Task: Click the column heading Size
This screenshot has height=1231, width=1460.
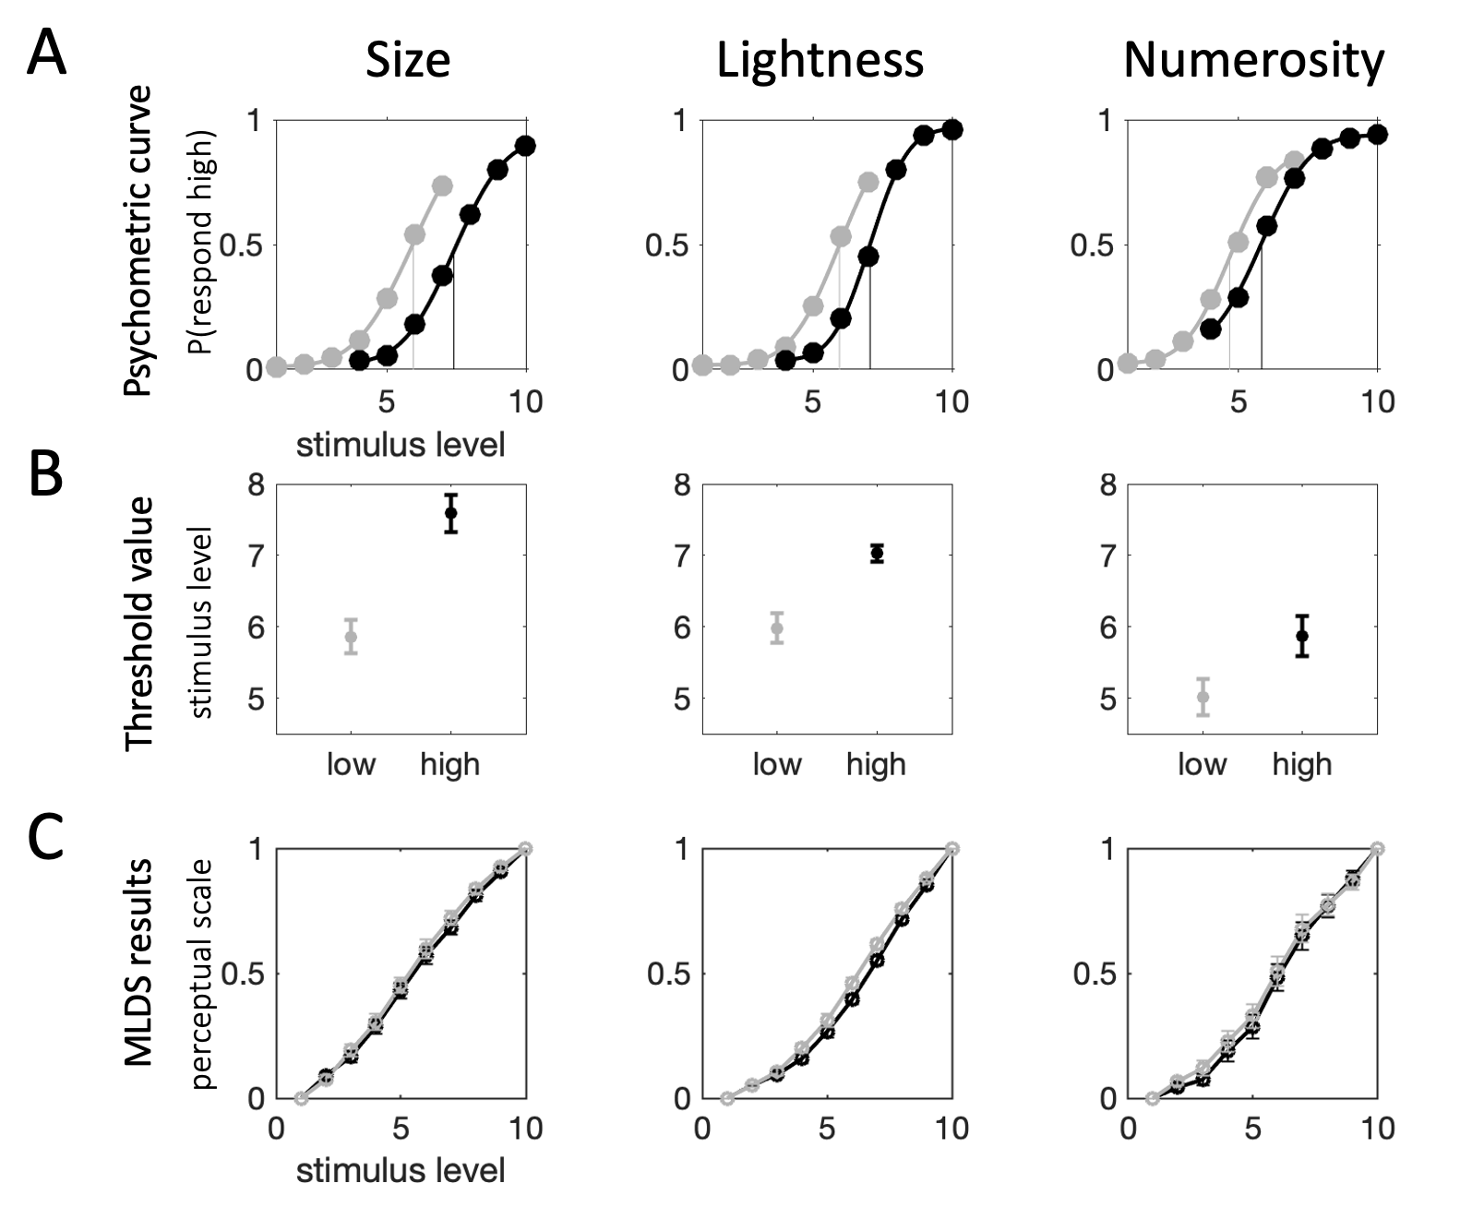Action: point(408,61)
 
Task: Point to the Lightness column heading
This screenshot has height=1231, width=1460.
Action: point(820,61)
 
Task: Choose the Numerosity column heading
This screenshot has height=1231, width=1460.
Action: point(1253,61)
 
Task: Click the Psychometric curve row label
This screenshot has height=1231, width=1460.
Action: point(138,242)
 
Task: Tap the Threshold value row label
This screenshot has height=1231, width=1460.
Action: point(138,623)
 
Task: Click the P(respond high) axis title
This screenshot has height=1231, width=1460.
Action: point(202,242)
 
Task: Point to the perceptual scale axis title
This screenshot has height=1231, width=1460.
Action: point(202,974)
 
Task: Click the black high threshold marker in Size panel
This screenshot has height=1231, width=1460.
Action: point(450,513)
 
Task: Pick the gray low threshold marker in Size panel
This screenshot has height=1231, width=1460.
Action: point(351,636)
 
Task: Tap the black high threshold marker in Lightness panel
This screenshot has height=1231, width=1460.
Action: point(877,553)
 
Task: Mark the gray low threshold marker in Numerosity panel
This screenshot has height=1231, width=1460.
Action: point(1203,697)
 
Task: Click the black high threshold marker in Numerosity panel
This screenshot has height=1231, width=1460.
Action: point(1302,635)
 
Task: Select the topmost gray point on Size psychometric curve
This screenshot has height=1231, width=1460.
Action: point(442,185)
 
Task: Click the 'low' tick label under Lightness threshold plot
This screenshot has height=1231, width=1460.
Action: point(777,764)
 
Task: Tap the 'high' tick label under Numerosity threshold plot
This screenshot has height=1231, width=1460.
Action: point(1302,764)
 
